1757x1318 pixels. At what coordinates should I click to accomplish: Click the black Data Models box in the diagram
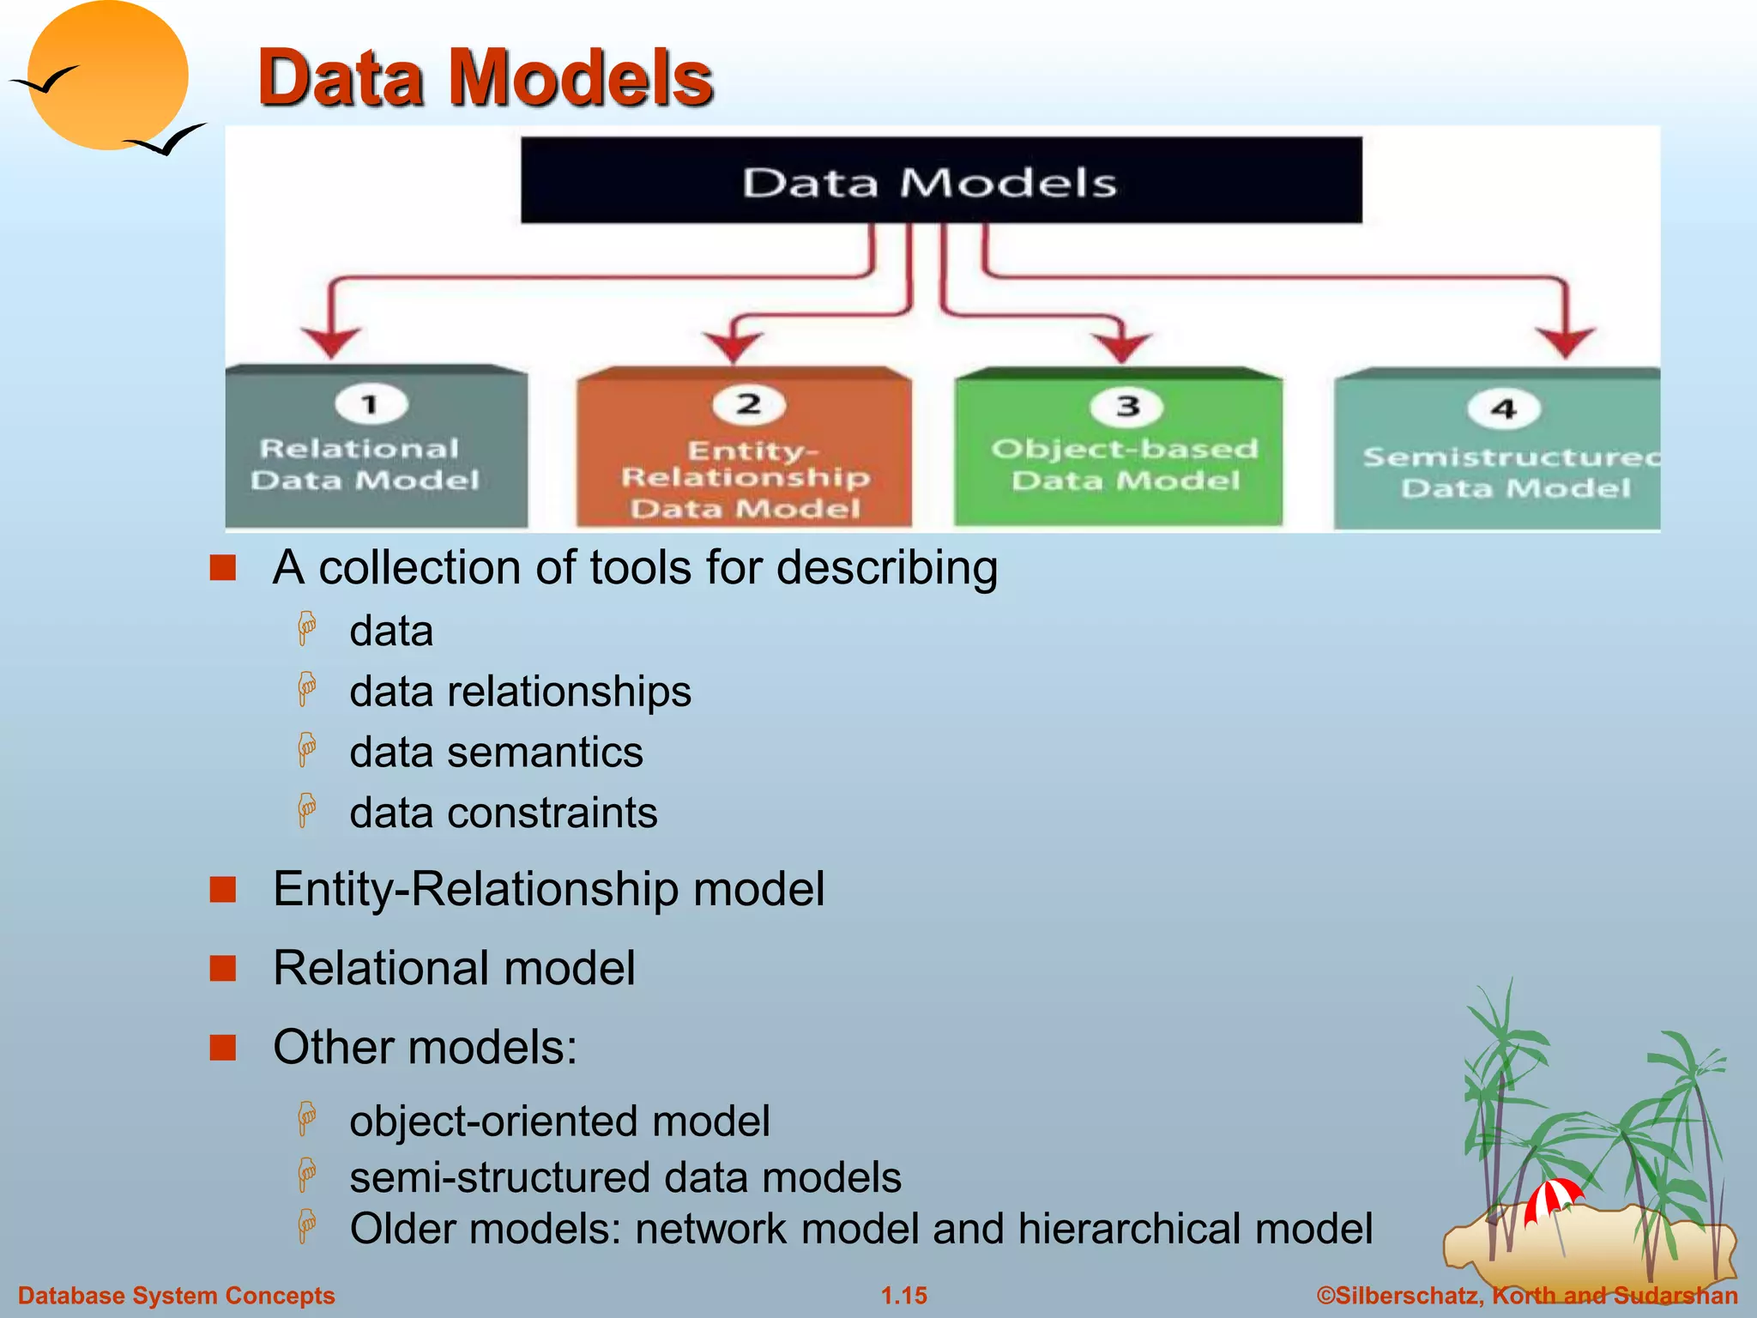941,180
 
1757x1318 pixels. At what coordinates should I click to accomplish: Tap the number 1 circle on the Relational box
371,403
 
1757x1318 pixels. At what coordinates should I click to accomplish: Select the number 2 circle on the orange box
749,404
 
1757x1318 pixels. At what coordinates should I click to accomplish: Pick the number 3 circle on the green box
1127,406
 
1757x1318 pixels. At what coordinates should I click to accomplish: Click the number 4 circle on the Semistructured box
1503,409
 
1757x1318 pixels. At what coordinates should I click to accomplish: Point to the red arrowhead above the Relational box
331,341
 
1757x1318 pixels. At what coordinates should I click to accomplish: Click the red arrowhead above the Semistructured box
1566,341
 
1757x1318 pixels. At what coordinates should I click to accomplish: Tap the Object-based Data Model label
1125,464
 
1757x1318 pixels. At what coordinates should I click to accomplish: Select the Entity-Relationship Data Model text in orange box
746,479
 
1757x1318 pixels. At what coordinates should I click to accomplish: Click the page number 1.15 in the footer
904,1296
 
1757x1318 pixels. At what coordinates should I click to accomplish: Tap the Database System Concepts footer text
177,1296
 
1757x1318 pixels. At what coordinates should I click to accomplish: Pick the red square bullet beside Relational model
223,968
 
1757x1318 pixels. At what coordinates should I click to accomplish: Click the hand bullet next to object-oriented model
306,1119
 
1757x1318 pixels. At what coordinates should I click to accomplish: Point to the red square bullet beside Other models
223,1048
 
